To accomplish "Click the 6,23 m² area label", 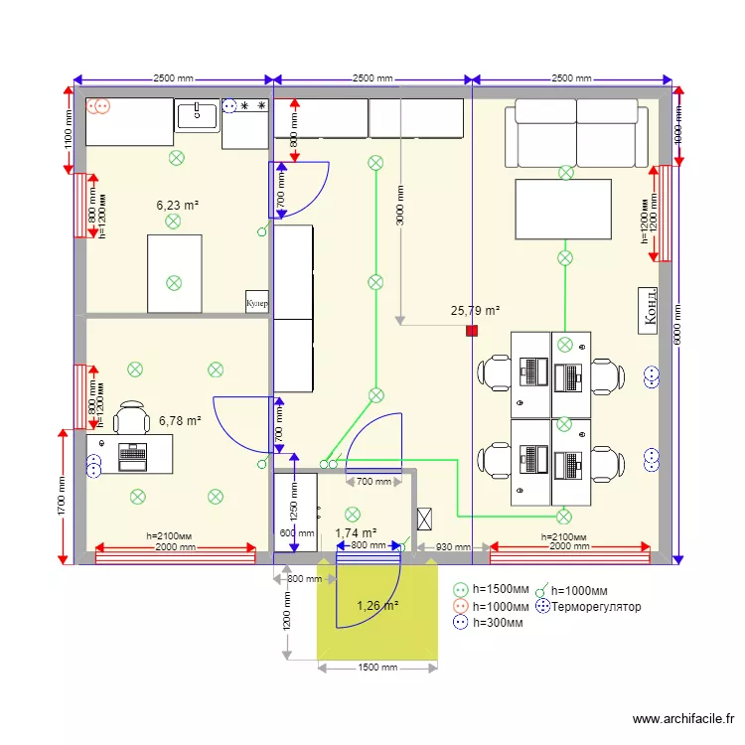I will tap(178, 206).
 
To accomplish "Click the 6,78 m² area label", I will tap(180, 421).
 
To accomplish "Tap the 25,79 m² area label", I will tap(475, 311).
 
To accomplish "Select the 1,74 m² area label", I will tap(356, 533).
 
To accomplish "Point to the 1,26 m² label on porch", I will tap(377, 605).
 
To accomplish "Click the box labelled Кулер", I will tap(257, 302).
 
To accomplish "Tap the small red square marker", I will tap(472, 331).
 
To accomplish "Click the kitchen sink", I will tap(198, 115).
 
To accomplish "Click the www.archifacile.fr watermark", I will tap(686, 719).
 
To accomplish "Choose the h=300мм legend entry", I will tap(496, 623).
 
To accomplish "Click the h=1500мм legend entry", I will tap(500, 589).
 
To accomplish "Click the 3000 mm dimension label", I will tap(399, 206).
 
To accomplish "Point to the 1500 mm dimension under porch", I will tap(376, 668).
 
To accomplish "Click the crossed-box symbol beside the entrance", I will tap(426, 519).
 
